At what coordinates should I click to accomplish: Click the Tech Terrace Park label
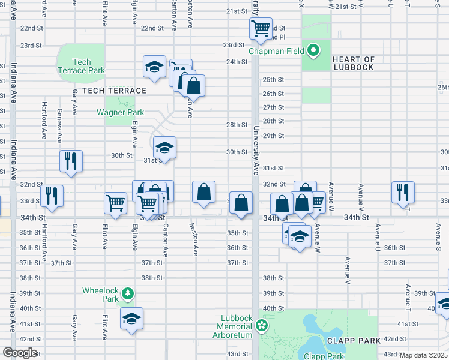click(x=89, y=66)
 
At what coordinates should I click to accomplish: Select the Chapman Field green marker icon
click(x=313, y=51)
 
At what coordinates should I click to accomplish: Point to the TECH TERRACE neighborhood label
click(x=114, y=91)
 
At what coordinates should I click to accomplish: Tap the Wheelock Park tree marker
click(x=127, y=293)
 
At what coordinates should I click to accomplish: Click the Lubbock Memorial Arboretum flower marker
click(x=261, y=326)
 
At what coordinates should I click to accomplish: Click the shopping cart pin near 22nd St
click(x=261, y=28)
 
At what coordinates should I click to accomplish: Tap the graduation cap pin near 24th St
click(x=154, y=66)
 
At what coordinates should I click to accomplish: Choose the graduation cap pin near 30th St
click(x=164, y=147)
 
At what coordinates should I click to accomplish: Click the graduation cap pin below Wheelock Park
click(x=131, y=318)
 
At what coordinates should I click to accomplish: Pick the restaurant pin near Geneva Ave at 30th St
click(x=71, y=161)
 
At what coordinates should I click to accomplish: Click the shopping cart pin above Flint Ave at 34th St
click(x=115, y=202)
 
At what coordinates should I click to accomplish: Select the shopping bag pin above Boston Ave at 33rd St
click(x=204, y=192)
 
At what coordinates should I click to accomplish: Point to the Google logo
click(x=20, y=353)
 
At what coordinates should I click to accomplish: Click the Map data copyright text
click(x=424, y=355)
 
